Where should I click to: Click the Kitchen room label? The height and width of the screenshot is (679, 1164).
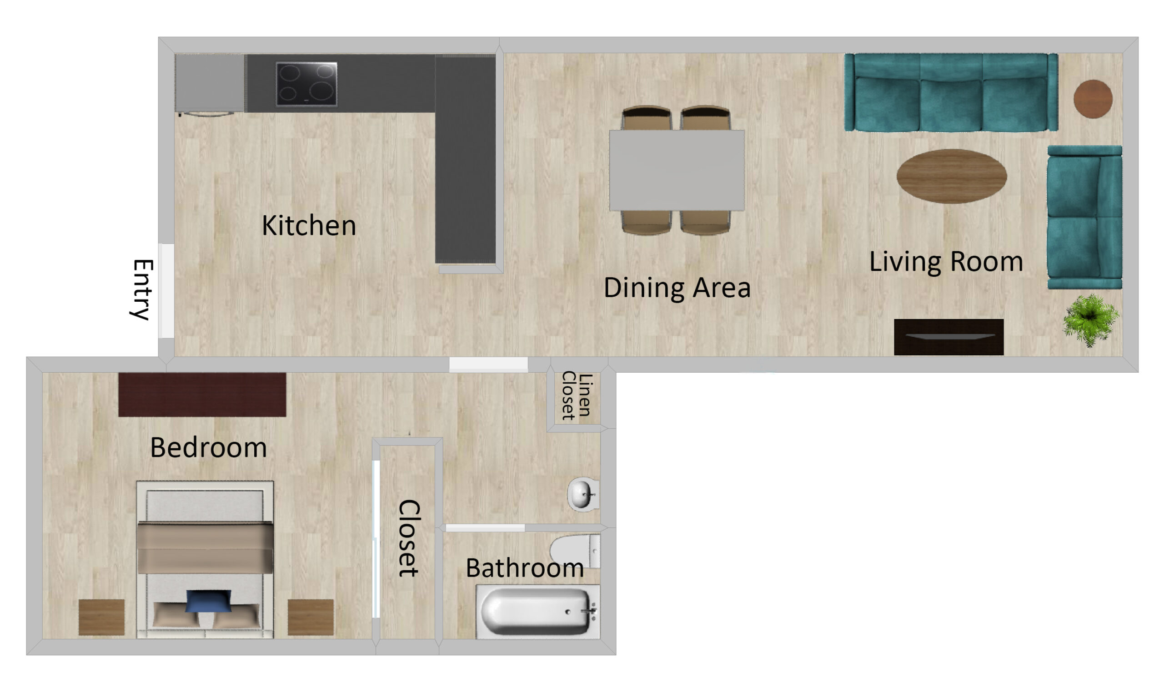click(x=309, y=226)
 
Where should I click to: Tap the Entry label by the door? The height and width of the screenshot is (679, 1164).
click(x=142, y=290)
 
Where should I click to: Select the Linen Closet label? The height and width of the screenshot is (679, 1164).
click(x=577, y=395)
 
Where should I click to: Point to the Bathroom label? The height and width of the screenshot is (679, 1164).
click(x=525, y=568)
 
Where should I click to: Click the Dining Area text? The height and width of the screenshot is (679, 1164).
click(x=677, y=289)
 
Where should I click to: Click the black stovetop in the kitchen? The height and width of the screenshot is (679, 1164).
click(x=307, y=84)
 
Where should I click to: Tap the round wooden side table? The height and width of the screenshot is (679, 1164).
click(x=1093, y=99)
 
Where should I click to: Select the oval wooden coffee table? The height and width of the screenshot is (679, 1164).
click(x=952, y=176)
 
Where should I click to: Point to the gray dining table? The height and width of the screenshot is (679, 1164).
click(x=677, y=171)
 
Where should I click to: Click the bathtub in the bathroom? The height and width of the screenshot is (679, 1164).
click(x=538, y=612)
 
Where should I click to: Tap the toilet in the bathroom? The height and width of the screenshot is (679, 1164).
click(x=575, y=552)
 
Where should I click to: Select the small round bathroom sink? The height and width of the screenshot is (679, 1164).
click(x=583, y=495)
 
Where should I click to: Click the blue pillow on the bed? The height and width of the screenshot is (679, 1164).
click(x=208, y=601)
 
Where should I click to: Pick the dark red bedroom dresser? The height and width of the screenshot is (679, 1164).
click(x=202, y=395)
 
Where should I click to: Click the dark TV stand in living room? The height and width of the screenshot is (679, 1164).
click(x=949, y=337)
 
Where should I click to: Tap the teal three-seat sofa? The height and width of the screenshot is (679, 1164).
click(x=951, y=92)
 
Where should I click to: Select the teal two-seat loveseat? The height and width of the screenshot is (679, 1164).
click(x=1084, y=217)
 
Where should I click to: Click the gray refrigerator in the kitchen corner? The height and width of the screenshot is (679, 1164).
click(x=210, y=84)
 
